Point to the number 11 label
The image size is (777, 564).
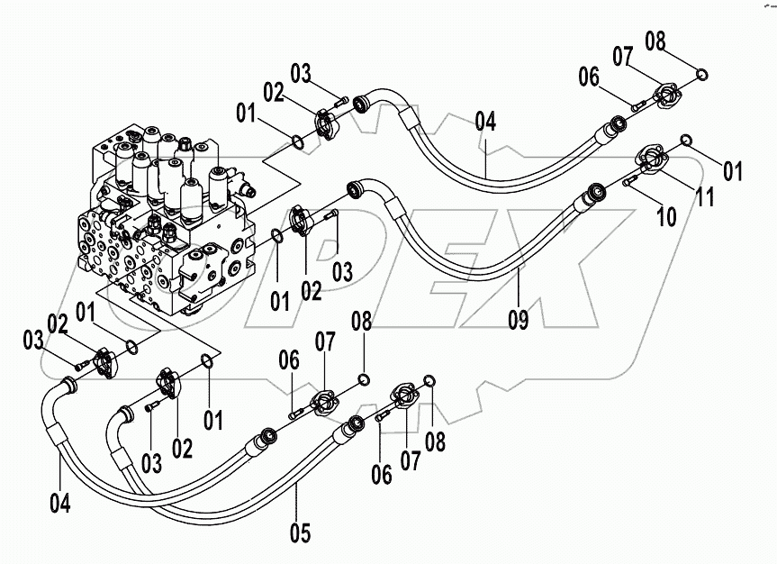(x=702, y=196)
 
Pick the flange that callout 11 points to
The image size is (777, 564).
(x=652, y=159)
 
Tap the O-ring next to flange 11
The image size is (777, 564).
(x=685, y=139)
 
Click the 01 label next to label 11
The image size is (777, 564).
(x=733, y=170)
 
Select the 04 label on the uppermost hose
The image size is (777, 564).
(x=485, y=121)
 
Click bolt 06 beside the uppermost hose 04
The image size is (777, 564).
(x=638, y=106)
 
